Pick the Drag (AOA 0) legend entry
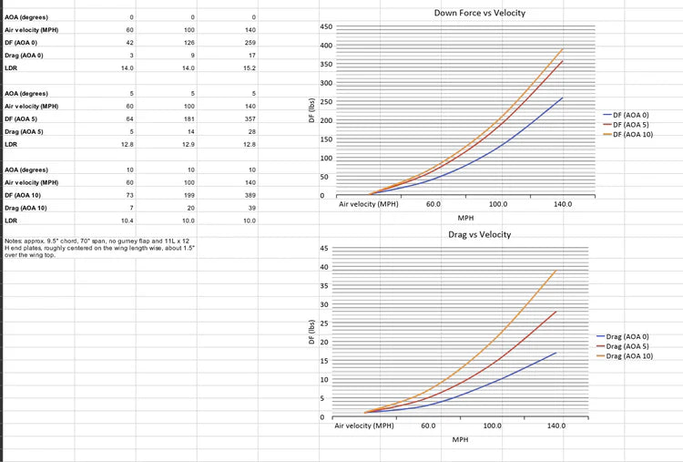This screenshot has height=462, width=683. pos(627,336)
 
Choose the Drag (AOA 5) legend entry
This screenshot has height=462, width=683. pos(627,346)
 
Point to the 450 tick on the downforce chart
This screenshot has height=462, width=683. pos(327,27)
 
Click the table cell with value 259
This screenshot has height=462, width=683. pos(251,43)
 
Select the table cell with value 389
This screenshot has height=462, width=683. pos(251,195)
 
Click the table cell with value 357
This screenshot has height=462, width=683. pos(251,119)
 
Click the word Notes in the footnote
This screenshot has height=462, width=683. pos(13,240)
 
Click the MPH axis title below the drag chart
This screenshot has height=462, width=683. pos(461,439)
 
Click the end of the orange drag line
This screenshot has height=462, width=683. pos(556,270)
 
